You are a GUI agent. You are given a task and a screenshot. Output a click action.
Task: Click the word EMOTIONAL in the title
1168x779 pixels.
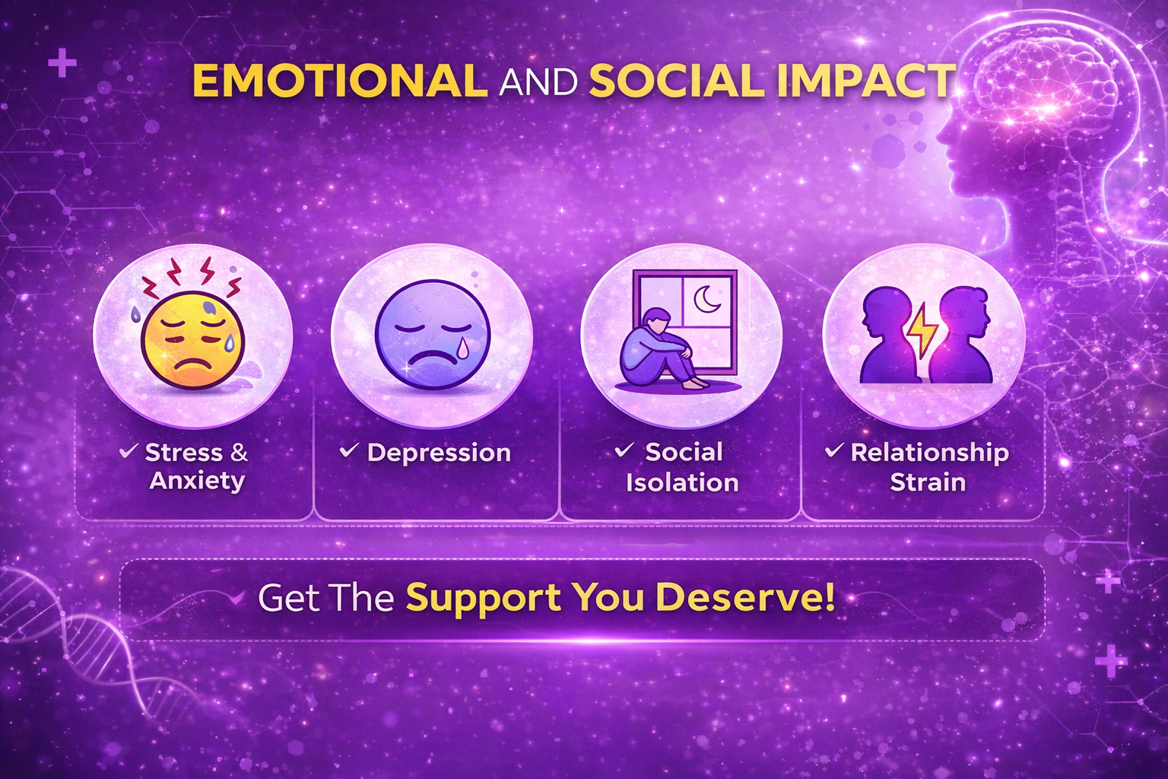coord(340,81)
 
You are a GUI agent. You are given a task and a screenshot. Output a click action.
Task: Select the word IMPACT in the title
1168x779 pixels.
coord(865,81)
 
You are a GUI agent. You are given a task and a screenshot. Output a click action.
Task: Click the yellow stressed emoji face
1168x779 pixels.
coord(193,339)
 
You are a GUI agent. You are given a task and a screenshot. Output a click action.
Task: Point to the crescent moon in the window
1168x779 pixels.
coord(708,299)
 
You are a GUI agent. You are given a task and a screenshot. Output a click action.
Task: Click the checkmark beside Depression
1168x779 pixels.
coord(349,450)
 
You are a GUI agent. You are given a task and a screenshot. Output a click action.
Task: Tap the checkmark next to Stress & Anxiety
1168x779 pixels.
coord(129,450)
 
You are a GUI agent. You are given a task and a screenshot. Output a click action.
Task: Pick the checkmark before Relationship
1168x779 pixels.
coord(833,450)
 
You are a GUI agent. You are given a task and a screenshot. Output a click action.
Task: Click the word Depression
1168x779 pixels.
coord(439,453)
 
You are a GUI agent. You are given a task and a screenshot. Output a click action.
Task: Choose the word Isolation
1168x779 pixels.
coord(682,482)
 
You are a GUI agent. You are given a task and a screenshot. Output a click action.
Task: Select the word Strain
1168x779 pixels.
coord(928,482)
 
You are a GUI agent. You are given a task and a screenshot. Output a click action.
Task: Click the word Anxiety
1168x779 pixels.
coord(197,481)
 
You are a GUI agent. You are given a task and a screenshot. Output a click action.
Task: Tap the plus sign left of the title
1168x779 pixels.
coord(62,63)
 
